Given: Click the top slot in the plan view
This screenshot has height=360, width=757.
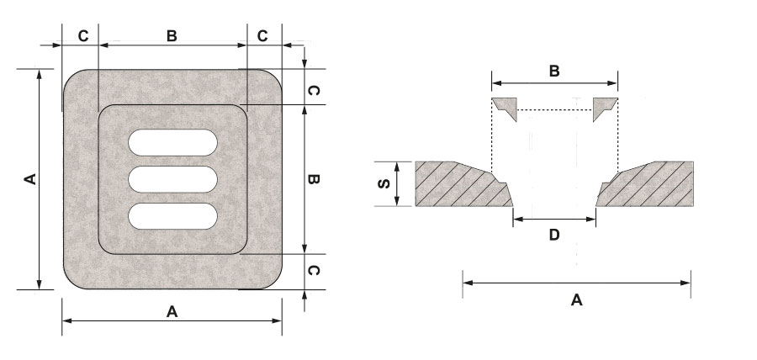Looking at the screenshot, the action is coord(172,142).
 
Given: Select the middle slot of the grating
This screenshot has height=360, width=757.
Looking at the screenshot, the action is coord(172,179).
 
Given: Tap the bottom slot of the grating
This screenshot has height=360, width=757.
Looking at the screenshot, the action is coord(172,216).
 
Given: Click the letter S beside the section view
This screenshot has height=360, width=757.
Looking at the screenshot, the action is coord(384,184).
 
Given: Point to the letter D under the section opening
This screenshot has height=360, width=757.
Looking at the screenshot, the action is coord(554,235).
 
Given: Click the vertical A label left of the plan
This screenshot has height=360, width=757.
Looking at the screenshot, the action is coord(30,179).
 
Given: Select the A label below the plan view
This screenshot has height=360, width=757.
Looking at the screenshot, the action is coord(172,312).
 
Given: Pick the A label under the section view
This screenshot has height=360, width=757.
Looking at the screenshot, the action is coord(576,300).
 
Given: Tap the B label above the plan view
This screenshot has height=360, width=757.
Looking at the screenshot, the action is coord(172,36).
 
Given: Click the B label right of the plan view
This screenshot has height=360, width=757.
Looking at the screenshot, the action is coord(313,179).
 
